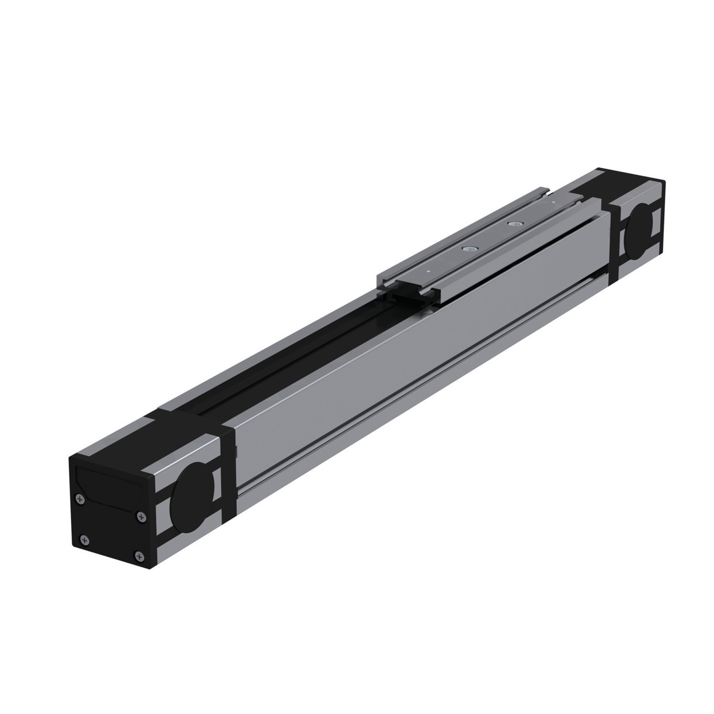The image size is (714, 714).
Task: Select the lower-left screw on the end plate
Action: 85,540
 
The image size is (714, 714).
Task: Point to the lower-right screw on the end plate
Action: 139,555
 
